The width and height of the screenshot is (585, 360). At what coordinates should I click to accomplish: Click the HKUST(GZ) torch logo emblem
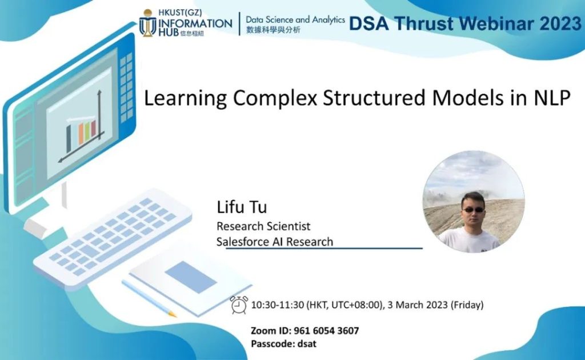click(x=148, y=23)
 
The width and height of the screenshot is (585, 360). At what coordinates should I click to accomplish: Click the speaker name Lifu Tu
click(x=242, y=207)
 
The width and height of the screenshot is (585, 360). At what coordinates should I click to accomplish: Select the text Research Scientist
click(x=263, y=226)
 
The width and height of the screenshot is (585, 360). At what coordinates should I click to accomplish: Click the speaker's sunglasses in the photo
click(x=473, y=210)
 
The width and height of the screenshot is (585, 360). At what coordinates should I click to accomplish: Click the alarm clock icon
click(x=239, y=305)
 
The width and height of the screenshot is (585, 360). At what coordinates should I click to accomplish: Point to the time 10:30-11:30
click(x=278, y=305)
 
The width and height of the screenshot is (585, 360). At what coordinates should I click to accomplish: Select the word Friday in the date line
click(x=467, y=305)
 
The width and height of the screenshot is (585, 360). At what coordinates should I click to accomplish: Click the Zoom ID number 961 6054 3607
click(x=326, y=330)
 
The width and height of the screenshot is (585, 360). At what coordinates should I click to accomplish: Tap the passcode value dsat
click(x=307, y=343)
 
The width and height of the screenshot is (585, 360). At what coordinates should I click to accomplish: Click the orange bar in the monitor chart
click(x=81, y=134)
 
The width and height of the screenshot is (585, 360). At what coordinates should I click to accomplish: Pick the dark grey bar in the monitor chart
click(x=69, y=139)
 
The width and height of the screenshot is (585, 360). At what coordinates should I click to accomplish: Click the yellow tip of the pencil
click(x=173, y=314)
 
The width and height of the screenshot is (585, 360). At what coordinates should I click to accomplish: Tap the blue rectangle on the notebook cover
click(x=191, y=277)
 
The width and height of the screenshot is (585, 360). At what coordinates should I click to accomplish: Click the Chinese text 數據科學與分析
click(x=273, y=30)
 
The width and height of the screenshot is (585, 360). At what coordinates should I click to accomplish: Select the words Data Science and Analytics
click(x=295, y=20)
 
